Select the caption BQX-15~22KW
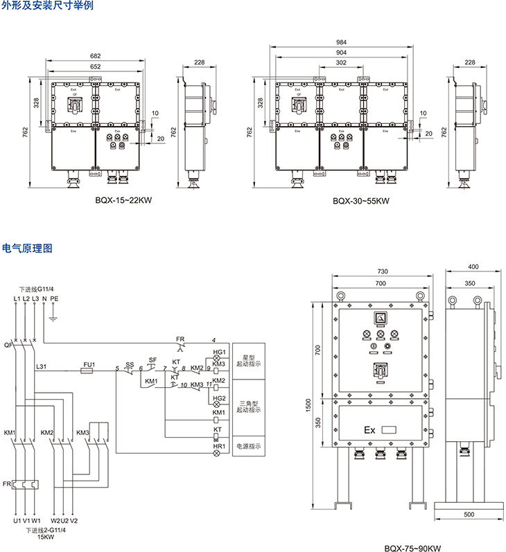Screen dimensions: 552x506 tap(123, 202)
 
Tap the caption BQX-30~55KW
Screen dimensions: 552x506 tap(360, 202)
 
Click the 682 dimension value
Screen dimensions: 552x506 tap(96, 56)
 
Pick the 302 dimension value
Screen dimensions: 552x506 tap(340, 62)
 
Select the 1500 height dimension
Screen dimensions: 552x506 tap(316, 403)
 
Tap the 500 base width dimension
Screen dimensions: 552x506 tap(469, 515)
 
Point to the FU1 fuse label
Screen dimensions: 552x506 tap(88, 364)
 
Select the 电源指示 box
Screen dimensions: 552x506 tap(249, 447)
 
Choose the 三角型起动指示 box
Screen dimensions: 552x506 tap(249, 406)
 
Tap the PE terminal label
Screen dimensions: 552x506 tap(55, 298)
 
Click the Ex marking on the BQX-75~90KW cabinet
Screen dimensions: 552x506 tap(369, 430)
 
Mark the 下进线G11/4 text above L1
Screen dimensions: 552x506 tap(37, 289)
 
